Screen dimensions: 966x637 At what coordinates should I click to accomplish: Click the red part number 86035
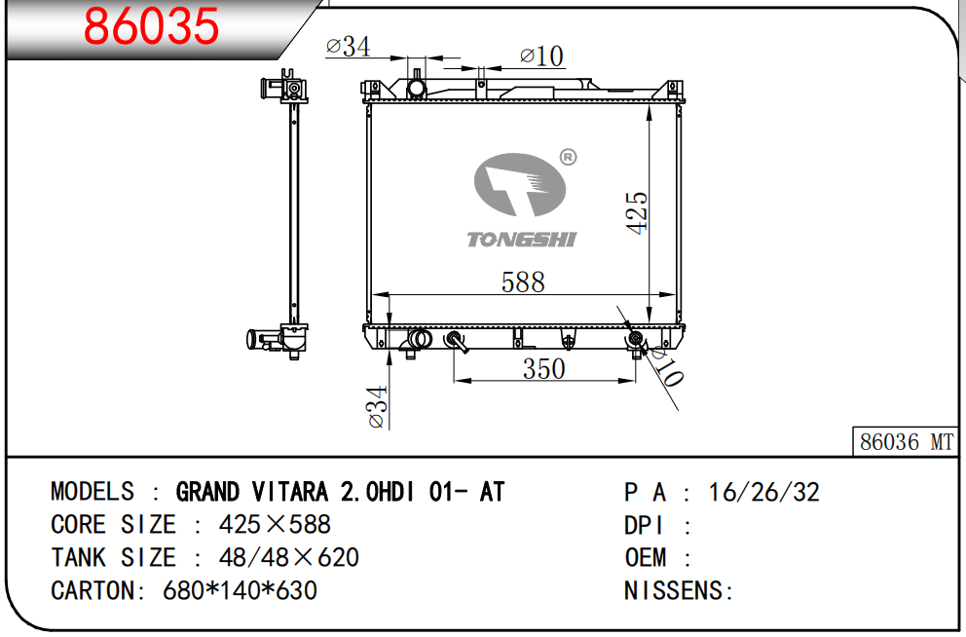151,26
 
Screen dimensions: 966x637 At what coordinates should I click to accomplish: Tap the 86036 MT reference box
906,441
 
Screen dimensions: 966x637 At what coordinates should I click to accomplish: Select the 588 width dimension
523,282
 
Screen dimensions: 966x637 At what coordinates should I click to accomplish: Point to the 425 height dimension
637,212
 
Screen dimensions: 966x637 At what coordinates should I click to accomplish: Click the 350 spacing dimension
544,369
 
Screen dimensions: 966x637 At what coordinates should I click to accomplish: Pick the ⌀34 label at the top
348,46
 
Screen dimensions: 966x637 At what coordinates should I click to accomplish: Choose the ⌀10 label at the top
541,56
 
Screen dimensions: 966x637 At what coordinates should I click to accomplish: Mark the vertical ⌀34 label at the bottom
377,406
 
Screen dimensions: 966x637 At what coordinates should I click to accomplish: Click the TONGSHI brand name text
522,239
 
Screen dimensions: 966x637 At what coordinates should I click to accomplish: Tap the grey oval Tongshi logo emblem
520,184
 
